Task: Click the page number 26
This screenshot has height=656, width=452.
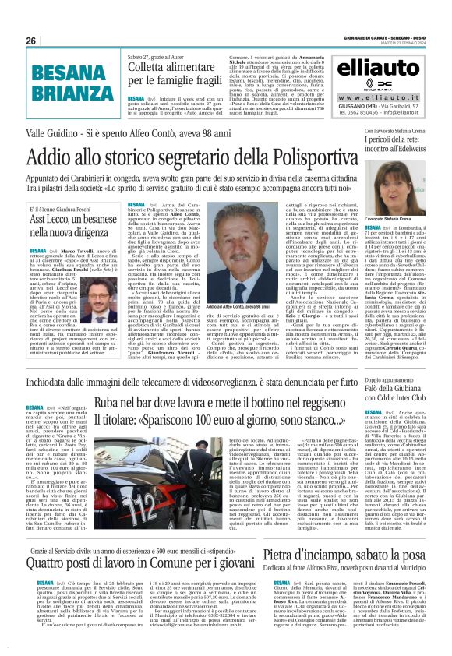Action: point(30,41)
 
